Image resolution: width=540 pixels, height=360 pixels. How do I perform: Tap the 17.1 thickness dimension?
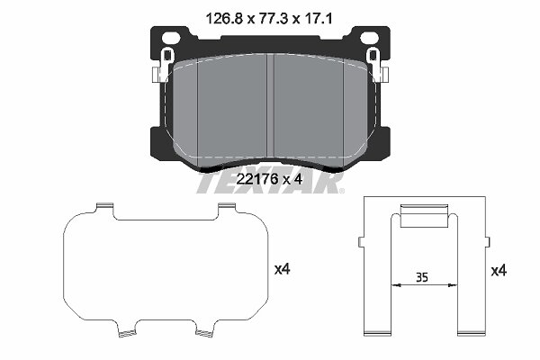[318, 19]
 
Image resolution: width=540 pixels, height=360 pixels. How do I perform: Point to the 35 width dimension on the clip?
[422, 277]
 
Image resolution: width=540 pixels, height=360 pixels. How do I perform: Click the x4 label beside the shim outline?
[282, 269]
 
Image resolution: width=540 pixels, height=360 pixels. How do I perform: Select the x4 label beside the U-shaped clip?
[499, 271]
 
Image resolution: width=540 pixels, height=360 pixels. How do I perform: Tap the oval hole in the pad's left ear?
[171, 37]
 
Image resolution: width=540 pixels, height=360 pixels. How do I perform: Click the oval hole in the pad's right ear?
[369, 37]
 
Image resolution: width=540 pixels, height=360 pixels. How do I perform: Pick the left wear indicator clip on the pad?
[163, 65]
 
